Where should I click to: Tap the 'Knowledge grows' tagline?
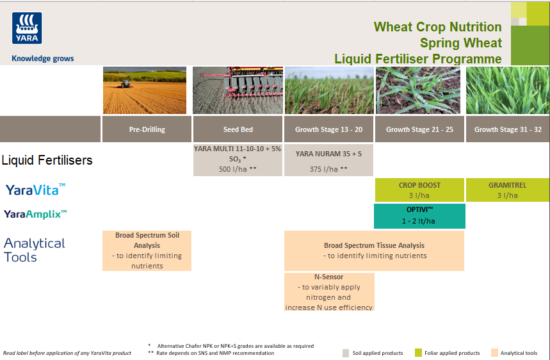pos(43,59)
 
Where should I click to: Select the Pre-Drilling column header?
pos(147,129)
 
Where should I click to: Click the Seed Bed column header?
pos(238,129)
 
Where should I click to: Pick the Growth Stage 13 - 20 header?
pos(328,129)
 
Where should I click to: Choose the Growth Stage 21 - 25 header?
pos(419,129)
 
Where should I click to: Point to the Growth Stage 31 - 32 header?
pos(508,129)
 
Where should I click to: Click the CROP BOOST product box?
pos(419,190)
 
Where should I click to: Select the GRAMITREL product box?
pos(507,190)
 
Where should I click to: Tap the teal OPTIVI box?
pos(419,216)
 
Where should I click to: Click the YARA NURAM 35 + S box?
pos(328,161)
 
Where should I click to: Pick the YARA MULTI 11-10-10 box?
pos(238,160)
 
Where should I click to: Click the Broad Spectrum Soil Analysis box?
pos(147,250)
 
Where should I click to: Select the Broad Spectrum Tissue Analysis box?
pos(374,250)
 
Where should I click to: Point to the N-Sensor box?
pos(329,292)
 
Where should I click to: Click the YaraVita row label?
pos(35,190)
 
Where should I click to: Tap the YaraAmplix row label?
pos(35,214)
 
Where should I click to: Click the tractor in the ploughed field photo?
pos(127,83)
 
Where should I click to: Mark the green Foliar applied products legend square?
pos(418,353)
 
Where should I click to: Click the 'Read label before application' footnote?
pos(67,353)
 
